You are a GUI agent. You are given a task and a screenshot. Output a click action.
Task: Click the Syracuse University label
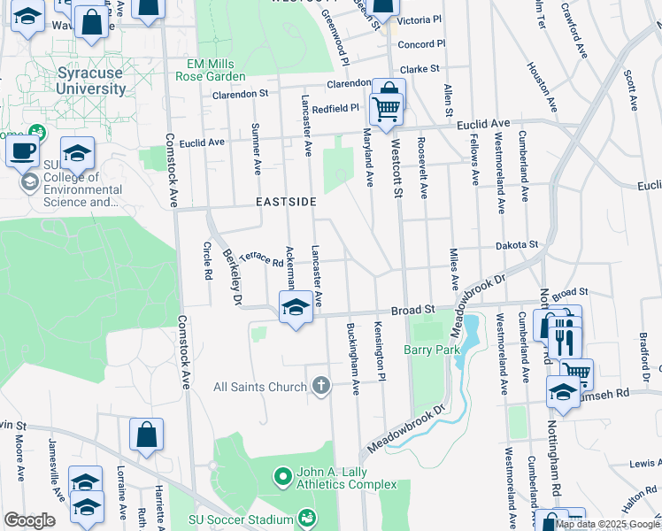click(x=91, y=81)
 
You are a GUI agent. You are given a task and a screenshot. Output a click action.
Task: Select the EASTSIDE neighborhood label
click(x=286, y=202)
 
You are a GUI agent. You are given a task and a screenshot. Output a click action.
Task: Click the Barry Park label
click(x=433, y=350)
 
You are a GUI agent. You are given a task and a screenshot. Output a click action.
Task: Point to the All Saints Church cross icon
click(x=321, y=386)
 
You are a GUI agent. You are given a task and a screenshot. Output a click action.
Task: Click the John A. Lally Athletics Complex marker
click(x=283, y=478)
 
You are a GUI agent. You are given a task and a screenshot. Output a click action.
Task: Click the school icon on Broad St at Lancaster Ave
click(x=295, y=307)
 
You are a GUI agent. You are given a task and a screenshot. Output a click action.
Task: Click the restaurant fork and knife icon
click(x=564, y=336)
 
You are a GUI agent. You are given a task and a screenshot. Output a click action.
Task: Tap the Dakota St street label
click(x=516, y=244)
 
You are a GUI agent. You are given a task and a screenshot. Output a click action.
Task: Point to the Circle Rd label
click(x=209, y=261)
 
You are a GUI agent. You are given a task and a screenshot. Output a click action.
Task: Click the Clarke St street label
click(x=419, y=68)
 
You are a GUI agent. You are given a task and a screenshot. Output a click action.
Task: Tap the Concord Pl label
click(x=420, y=44)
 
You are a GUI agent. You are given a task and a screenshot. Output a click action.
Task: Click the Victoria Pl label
click(x=419, y=19)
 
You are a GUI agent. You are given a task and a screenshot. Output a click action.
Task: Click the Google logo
click(x=29, y=520)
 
